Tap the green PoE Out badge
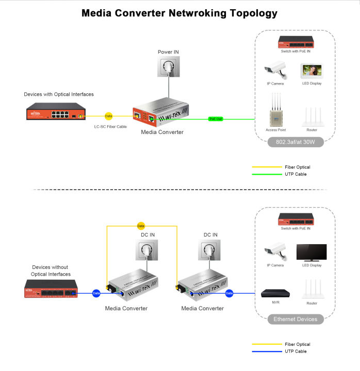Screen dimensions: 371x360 click(216, 119)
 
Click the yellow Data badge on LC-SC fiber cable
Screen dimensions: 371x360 click(108, 116)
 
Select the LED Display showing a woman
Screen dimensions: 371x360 click(312, 71)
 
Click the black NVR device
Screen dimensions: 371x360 click(275, 293)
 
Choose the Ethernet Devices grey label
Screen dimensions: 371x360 click(296, 319)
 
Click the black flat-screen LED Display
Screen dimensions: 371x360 click(312, 252)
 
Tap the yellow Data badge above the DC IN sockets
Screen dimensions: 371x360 click(141, 226)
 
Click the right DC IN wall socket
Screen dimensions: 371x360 click(210, 251)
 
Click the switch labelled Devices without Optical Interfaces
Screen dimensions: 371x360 click(51, 290)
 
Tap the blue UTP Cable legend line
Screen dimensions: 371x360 click(265, 351)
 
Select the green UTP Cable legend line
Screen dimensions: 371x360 click(265, 174)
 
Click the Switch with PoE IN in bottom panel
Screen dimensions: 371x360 click(296, 218)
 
